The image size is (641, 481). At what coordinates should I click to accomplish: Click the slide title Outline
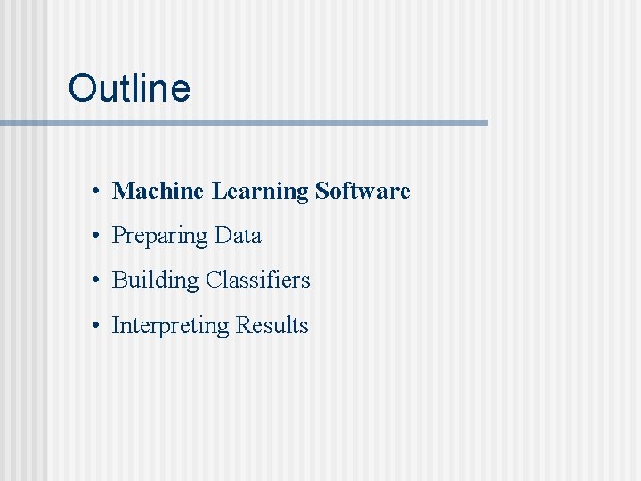[129, 88]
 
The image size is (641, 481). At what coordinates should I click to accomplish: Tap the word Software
[362, 191]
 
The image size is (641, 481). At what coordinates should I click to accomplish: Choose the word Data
[238, 236]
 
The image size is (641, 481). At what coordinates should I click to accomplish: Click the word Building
[155, 281]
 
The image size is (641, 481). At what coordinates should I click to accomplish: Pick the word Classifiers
[258, 281]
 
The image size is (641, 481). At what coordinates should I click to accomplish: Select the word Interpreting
[170, 327]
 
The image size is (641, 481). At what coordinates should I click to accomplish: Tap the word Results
[272, 326]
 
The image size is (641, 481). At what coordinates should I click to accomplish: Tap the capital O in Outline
[82, 88]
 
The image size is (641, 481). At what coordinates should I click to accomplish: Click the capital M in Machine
[123, 191]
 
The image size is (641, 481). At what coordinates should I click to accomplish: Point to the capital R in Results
[243, 326]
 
